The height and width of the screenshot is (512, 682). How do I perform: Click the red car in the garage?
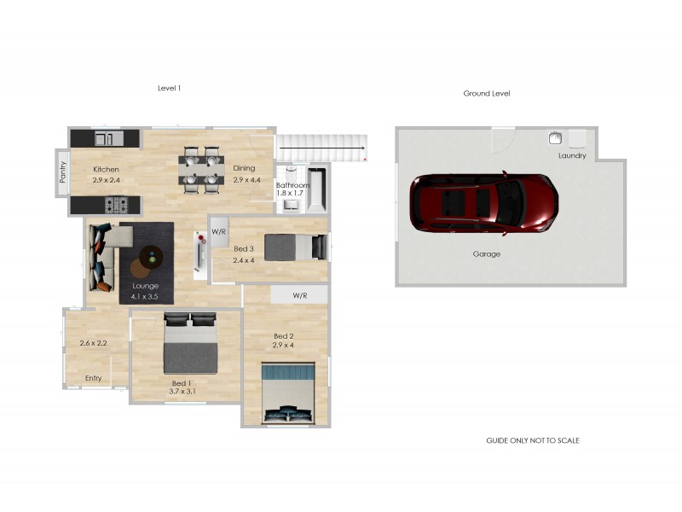pos(483,203)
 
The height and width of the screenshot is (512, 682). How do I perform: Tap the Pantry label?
pos(62,172)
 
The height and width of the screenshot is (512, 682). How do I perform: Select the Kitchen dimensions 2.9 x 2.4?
pos(106,180)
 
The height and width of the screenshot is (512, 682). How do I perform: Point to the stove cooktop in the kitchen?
pos(117,205)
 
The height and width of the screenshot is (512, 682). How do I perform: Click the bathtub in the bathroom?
pos(316,189)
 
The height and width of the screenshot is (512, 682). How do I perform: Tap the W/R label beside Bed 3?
pos(219,231)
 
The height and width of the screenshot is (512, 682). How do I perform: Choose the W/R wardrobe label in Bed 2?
pos(300,295)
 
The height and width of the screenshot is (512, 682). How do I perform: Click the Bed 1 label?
pos(182,383)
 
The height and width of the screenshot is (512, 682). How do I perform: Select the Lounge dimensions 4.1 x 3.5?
pos(144,297)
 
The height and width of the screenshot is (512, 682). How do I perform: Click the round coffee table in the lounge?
pos(152,257)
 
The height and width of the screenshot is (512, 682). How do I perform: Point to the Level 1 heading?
pos(169,88)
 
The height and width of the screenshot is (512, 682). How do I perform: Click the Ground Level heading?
pos(487,93)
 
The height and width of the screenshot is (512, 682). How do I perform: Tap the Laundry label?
pos(572,155)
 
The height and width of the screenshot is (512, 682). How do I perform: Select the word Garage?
pos(486,253)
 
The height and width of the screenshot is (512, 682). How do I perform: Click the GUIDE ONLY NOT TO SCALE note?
pos(533,440)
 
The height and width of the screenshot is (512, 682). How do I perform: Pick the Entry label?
pos(94,378)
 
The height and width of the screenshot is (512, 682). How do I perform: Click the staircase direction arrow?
pos(322,148)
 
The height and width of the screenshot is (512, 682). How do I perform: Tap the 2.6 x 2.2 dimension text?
pos(93,343)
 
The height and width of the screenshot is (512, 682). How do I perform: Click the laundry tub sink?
pos(555,138)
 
